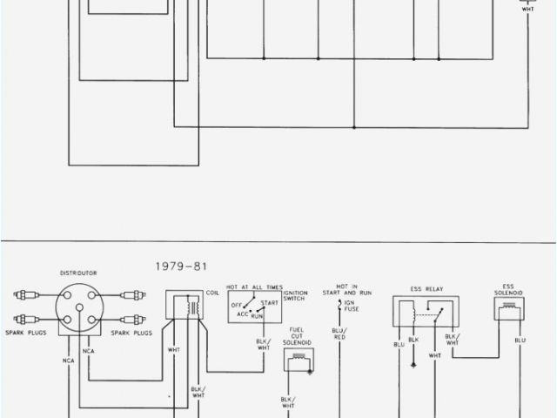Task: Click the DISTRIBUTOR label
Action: click(79, 273)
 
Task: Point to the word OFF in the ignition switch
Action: click(236, 305)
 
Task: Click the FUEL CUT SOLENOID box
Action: click(299, 360)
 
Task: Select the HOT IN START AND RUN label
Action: click(347, 289)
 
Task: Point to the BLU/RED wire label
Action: click(339, 334)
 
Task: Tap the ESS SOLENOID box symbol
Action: click(509, 308)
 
